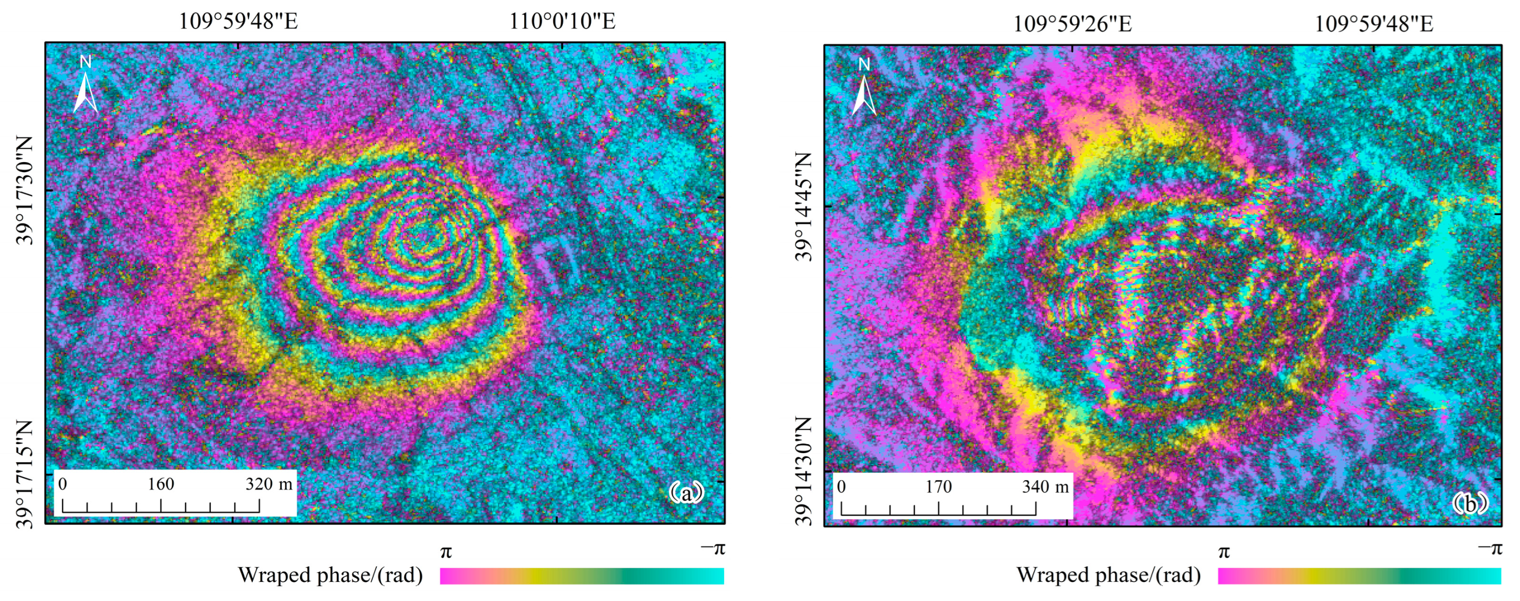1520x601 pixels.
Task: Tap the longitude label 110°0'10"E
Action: click(562, 21)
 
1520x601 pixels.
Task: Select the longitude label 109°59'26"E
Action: click(1072, 24)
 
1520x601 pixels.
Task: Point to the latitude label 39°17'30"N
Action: click(25, 191)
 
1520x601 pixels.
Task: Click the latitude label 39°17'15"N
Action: click(25, 474)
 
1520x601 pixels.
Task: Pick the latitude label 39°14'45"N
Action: click(804, 206)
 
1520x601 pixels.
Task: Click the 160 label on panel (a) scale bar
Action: click(161, 484)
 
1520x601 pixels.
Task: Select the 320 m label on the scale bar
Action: click(268, 484)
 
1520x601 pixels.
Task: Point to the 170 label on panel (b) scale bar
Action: click(938, 486)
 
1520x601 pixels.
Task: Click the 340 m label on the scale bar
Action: click(1045, 486)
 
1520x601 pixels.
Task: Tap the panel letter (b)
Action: click(1469, 504)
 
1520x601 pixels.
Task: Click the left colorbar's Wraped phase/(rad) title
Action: click(330, 575)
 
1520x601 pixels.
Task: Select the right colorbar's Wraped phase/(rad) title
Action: click(1108, 575)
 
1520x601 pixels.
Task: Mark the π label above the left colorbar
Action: click(446, 552)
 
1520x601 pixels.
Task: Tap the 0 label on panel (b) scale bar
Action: click(841, 486)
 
